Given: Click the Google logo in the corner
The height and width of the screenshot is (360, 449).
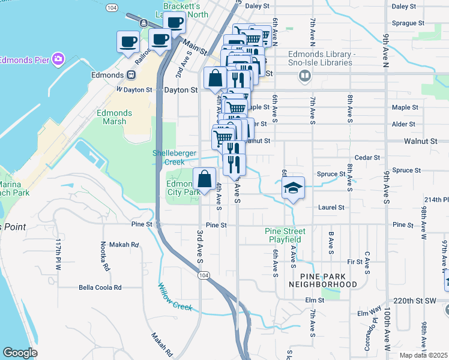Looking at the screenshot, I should coord(20,353).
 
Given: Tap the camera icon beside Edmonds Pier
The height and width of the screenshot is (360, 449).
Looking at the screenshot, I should coord(58,59).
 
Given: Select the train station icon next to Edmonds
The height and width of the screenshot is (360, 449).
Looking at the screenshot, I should coord(130,75).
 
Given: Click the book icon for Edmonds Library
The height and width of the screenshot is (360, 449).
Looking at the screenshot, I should coord(305,76).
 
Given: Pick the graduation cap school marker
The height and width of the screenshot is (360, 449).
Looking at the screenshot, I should coord(293,188).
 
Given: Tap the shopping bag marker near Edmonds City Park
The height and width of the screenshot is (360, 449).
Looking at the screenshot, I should coord(204,178).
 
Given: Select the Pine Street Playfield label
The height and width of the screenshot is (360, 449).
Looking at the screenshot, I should coord(285,235).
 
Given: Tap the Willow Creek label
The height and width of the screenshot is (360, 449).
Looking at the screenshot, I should coord(175,297).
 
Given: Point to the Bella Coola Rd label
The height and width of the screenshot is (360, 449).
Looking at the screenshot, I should coord(100,287).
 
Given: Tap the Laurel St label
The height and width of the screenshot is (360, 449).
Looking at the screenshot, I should coord(333,208).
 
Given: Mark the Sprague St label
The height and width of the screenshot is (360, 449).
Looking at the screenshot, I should coord(403,23).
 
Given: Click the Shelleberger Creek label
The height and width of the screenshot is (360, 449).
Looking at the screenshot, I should coord(175,157).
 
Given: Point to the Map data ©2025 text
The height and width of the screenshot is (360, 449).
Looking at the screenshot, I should coord(423,355).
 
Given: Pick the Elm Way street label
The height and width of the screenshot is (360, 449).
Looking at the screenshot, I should coord(369,313).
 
